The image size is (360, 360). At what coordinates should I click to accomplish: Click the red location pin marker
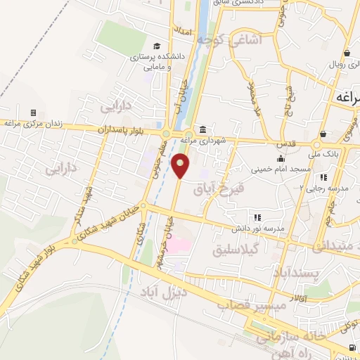coord(181,166)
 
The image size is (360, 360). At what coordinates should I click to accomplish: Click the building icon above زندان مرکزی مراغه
coord(32,112)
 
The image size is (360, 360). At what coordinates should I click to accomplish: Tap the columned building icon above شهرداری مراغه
coord(202,129)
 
